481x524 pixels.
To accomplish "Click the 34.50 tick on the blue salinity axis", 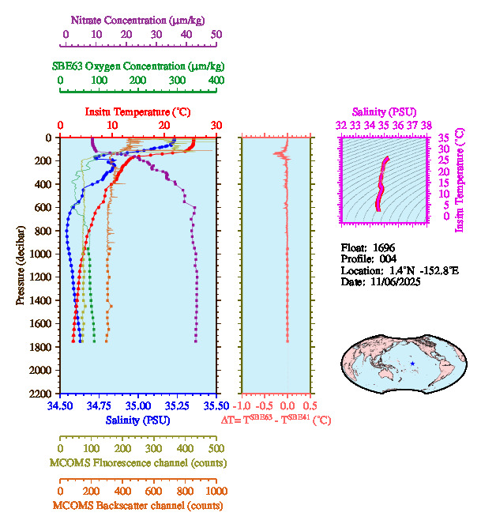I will pyautogui.click(x=61, y=406).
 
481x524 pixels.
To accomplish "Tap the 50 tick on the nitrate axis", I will pyautogui.click(x=216, y=35).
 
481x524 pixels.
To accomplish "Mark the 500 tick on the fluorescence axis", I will pyautogui.click(x=216, y=448).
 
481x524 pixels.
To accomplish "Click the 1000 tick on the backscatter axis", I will pyautogui.click(x=216, y=491).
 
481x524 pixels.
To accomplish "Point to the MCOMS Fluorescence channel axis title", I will pyautogui.click(x=137, y=462).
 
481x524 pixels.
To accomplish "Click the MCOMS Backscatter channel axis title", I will pyautogui.click(x=137, y=506).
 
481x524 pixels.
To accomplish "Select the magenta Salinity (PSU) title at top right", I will pyautogui.click(x=383, y=112).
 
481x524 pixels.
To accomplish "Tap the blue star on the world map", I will pyautogui.click(x=412, y=364).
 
